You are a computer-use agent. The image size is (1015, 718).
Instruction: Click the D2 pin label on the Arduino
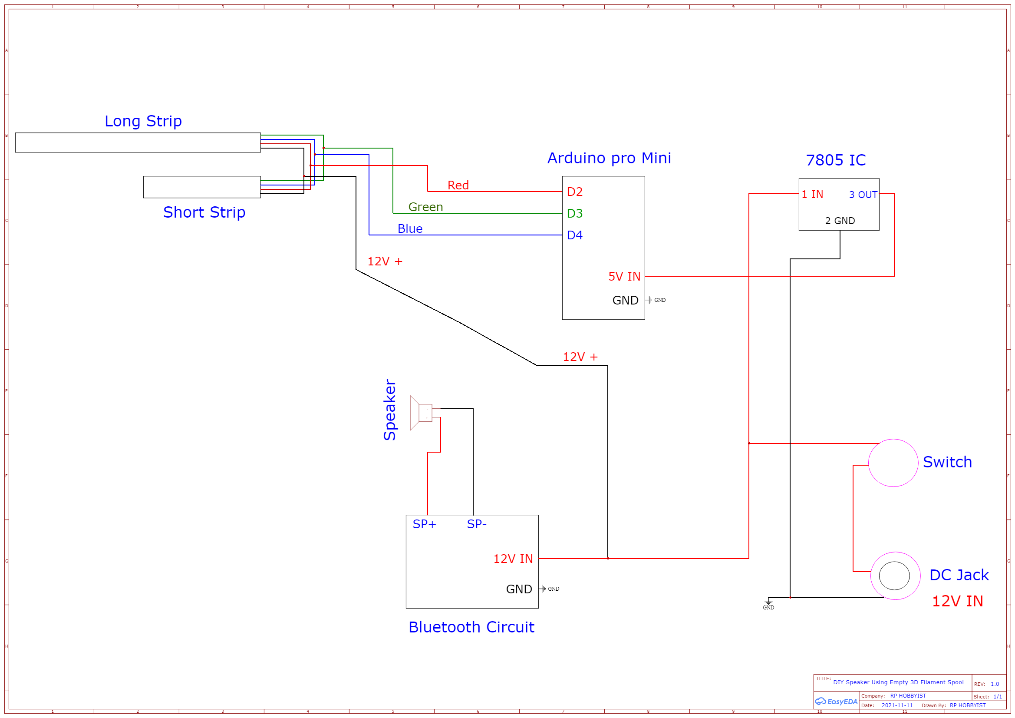(574, 192)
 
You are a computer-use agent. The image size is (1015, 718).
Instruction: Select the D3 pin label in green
(574, 213)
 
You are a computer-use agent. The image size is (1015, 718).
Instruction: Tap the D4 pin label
(574, 235)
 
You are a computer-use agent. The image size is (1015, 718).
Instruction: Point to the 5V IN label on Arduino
(624, 277)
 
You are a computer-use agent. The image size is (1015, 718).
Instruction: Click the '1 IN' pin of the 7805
(812, 194)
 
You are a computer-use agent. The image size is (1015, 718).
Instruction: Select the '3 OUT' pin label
(863, 195)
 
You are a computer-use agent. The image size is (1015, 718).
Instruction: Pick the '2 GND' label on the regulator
(840, 221)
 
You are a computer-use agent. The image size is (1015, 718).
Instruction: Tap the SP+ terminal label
(424, 524)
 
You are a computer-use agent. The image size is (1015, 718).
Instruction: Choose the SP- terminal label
(476, 524)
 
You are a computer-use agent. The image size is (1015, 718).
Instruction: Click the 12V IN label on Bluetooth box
(513, 559)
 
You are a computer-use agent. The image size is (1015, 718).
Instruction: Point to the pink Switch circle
(893, 463)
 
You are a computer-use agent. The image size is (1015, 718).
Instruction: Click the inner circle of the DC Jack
(894, 576)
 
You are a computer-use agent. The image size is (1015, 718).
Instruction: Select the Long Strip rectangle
(138, 142)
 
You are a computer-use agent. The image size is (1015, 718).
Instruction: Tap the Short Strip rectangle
(201, 187)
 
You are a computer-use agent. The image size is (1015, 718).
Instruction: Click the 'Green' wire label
(425, 207)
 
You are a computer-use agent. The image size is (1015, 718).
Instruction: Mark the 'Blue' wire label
(410, 228)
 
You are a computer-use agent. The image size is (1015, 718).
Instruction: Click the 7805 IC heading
(835, 160)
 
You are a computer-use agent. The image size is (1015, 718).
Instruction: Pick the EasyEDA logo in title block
(836, 701)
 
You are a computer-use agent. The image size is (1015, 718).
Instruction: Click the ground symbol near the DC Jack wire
(768, 603)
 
